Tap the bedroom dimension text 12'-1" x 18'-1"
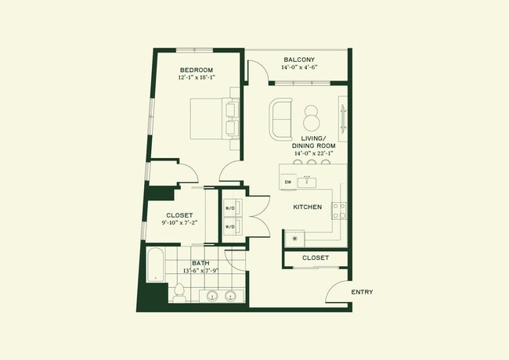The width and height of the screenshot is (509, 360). pyautogui.click(x=196, y=78)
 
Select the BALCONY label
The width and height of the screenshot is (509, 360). pyautogui.click(x=298, y=59)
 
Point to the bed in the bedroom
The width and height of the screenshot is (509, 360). pyautogui.click(x=211, y=119)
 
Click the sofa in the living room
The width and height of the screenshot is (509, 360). pyautogui.click(x=280, y=119)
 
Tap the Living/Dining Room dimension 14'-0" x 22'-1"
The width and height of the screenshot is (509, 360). pyautogui.click(x=313, y=153)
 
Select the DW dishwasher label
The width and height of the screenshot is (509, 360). pyautogui.click(x=288, y=182)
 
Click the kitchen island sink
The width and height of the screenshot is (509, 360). pyautogui.click(x=308, y=182)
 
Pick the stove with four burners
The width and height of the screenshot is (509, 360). pyautogui.click(x=339, y=210)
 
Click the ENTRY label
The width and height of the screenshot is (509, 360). pyautogui.click(x=362, y=292)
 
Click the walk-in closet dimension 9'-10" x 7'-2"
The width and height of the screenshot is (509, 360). pyautogui.click(x=179, y=223)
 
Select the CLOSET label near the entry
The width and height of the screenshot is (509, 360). pyautogui.click(x=315, y=257)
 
